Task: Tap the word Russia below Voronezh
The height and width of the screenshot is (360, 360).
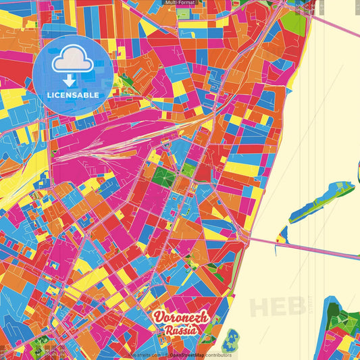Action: (181, 331)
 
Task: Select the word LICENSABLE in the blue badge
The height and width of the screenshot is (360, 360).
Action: (73, 95)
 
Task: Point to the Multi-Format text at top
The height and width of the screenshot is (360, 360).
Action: (180, 3)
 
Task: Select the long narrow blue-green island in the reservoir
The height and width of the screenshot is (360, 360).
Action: (322, 201)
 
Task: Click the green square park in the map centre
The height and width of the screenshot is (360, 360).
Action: (163, 177)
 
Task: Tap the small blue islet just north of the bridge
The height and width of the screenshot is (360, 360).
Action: (282, 234)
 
